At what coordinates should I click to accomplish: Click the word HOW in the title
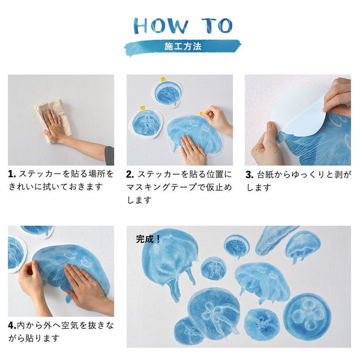(161, 26)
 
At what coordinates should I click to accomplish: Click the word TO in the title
(217, 26)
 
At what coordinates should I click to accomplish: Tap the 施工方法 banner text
(183, 46)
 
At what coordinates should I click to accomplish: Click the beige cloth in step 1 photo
(53, 119)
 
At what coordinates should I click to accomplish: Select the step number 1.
(12, 174)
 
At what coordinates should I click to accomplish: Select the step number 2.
(130, 175)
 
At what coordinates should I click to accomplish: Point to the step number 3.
(249, 175)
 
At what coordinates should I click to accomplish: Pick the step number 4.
(12, 325)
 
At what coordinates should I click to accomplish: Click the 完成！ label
(148, 240)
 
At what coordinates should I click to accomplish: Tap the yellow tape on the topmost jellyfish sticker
(164, 79)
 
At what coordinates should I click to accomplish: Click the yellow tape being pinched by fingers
(202, 114)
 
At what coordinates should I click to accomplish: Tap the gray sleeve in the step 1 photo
(109, 155)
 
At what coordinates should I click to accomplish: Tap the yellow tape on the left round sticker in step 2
(143, 108)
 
